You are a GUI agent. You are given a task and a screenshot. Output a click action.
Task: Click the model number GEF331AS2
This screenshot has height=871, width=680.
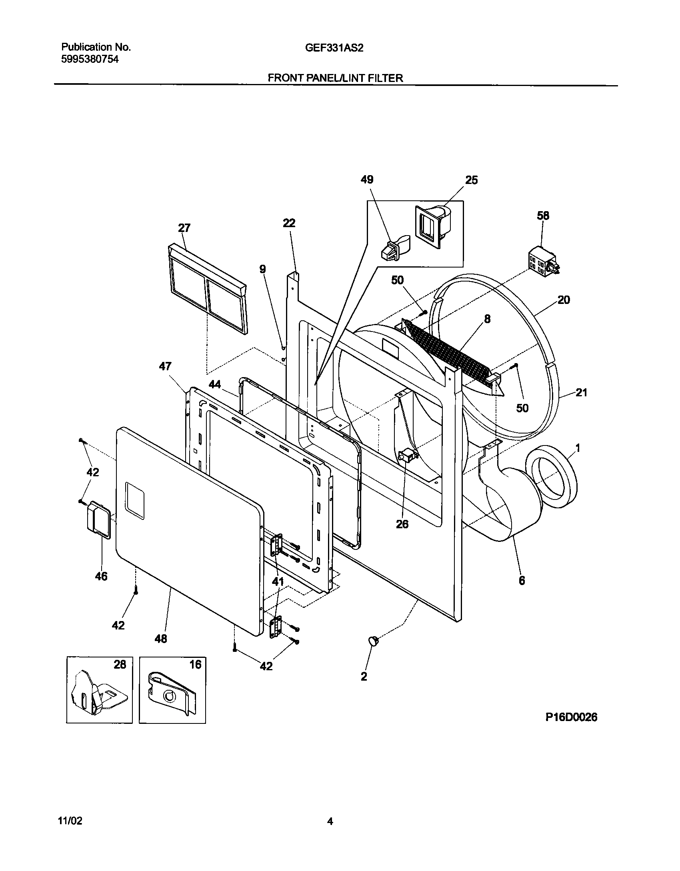pos(334,48)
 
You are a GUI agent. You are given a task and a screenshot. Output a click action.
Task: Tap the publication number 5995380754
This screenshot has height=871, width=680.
pos(90,60)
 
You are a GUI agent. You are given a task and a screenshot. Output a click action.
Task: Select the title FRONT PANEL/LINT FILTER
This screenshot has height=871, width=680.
pos(335,78)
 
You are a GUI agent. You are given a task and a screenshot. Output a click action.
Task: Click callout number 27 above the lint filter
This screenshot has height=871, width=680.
pos(184,228)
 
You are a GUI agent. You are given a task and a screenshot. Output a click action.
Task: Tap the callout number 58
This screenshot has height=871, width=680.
pos(543,216)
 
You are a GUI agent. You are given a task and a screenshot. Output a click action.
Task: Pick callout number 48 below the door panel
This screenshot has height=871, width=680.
pos(161,639)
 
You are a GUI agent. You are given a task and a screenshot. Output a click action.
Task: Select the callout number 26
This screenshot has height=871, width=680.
pos(402,524)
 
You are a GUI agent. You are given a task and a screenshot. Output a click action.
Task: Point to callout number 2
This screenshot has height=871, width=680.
pos(364,676)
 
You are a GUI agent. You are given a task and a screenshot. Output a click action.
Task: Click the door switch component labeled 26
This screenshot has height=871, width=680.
pos(408,455)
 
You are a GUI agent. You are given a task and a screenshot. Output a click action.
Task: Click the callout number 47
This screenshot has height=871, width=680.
pos(165,366)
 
